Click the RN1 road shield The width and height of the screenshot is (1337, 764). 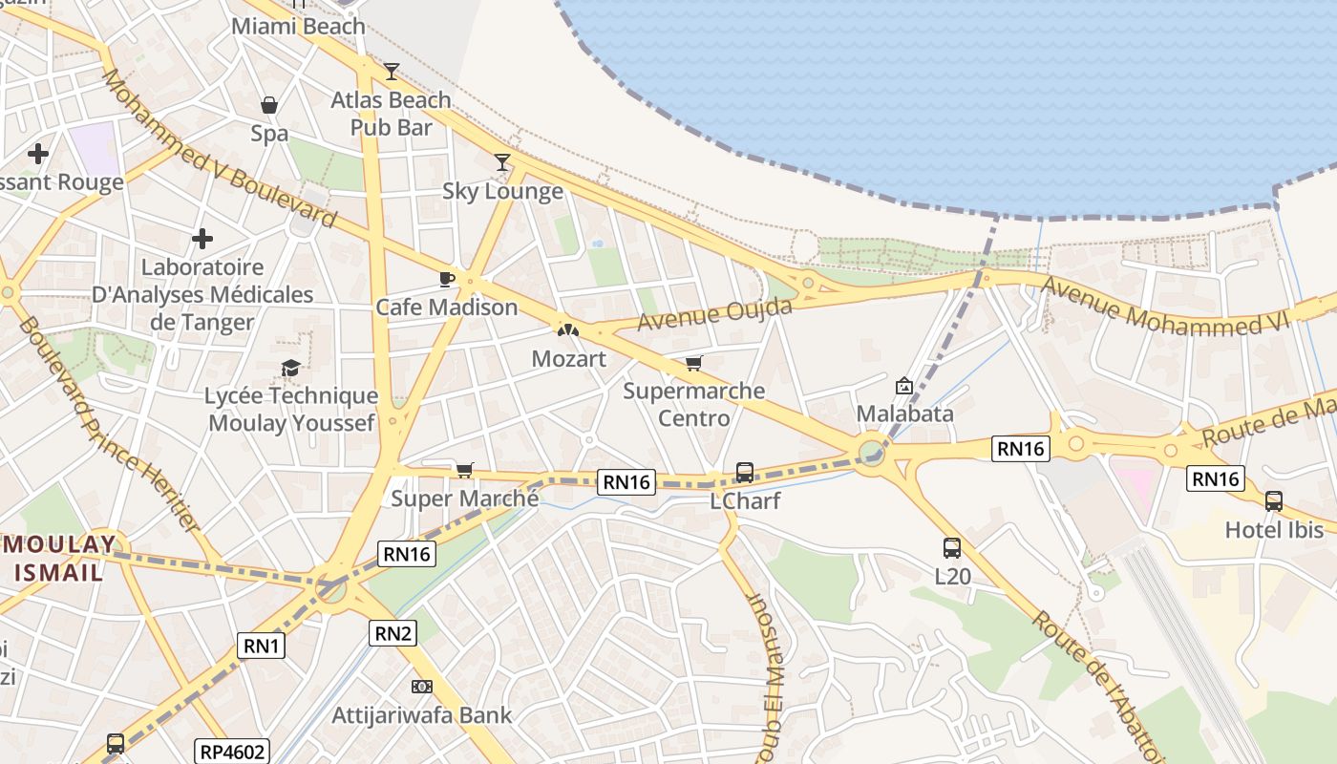point(262,647)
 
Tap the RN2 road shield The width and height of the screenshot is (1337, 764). point(393,632)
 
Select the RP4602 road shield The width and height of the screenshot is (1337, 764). point(232,752)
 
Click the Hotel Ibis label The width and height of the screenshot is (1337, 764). point(1274,530)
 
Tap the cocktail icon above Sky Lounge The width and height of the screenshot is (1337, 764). point(502,162)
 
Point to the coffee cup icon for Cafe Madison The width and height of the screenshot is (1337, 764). point(446,279)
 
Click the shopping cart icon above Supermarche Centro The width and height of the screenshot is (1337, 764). point(694,363)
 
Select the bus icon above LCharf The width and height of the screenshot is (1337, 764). point(745,472)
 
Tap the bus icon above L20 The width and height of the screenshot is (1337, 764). point(952,548)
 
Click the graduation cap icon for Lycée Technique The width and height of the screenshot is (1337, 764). point(290,368)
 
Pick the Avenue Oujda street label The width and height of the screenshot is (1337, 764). point(714,314)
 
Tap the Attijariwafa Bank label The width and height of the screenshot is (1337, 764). point(421,714)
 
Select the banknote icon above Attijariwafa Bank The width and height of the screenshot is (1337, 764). point(421,687)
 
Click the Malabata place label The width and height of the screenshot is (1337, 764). point(904,414)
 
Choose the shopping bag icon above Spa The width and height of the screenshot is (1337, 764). point(269,105)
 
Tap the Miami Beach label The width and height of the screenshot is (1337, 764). point(298,26)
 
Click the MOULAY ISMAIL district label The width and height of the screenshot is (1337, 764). point(59,559)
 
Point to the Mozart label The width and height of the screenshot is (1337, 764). point(568,359)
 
